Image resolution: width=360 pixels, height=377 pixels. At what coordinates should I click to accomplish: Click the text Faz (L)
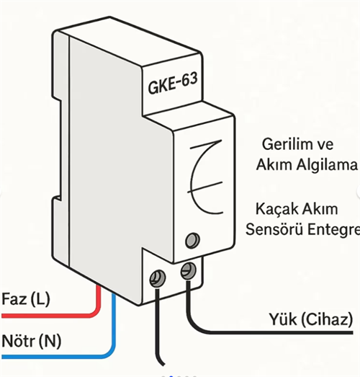27,298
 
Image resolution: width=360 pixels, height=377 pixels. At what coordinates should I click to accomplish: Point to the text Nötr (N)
32,339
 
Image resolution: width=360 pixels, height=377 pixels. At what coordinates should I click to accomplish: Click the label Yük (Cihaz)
310,319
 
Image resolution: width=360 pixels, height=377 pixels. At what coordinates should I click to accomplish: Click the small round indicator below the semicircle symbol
192,239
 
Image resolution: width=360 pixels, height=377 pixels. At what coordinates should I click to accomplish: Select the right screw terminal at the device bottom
189,270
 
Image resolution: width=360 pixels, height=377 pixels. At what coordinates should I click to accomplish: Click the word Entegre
333,231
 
